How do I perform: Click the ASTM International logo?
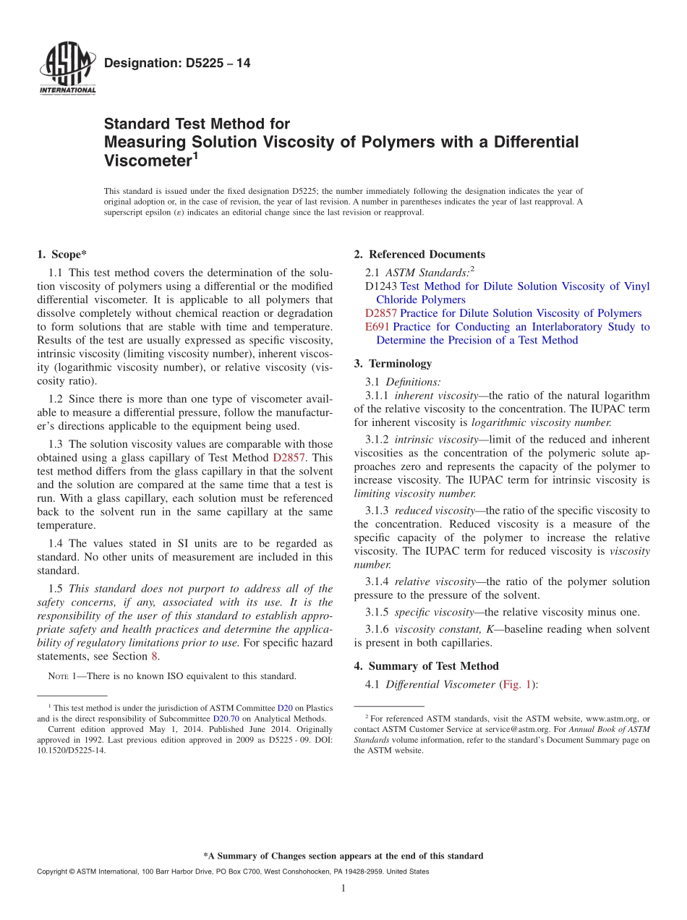coord(67,69)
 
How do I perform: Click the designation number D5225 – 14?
coord(177,64)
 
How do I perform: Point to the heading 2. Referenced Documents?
coord(419,255)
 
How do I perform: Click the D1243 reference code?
coord(381,286)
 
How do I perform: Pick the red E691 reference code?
coord(377,327)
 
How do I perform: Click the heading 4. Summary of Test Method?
coord(427,666)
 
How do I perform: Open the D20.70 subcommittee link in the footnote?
coord(226,719)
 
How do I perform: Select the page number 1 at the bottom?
coord(343,889)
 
